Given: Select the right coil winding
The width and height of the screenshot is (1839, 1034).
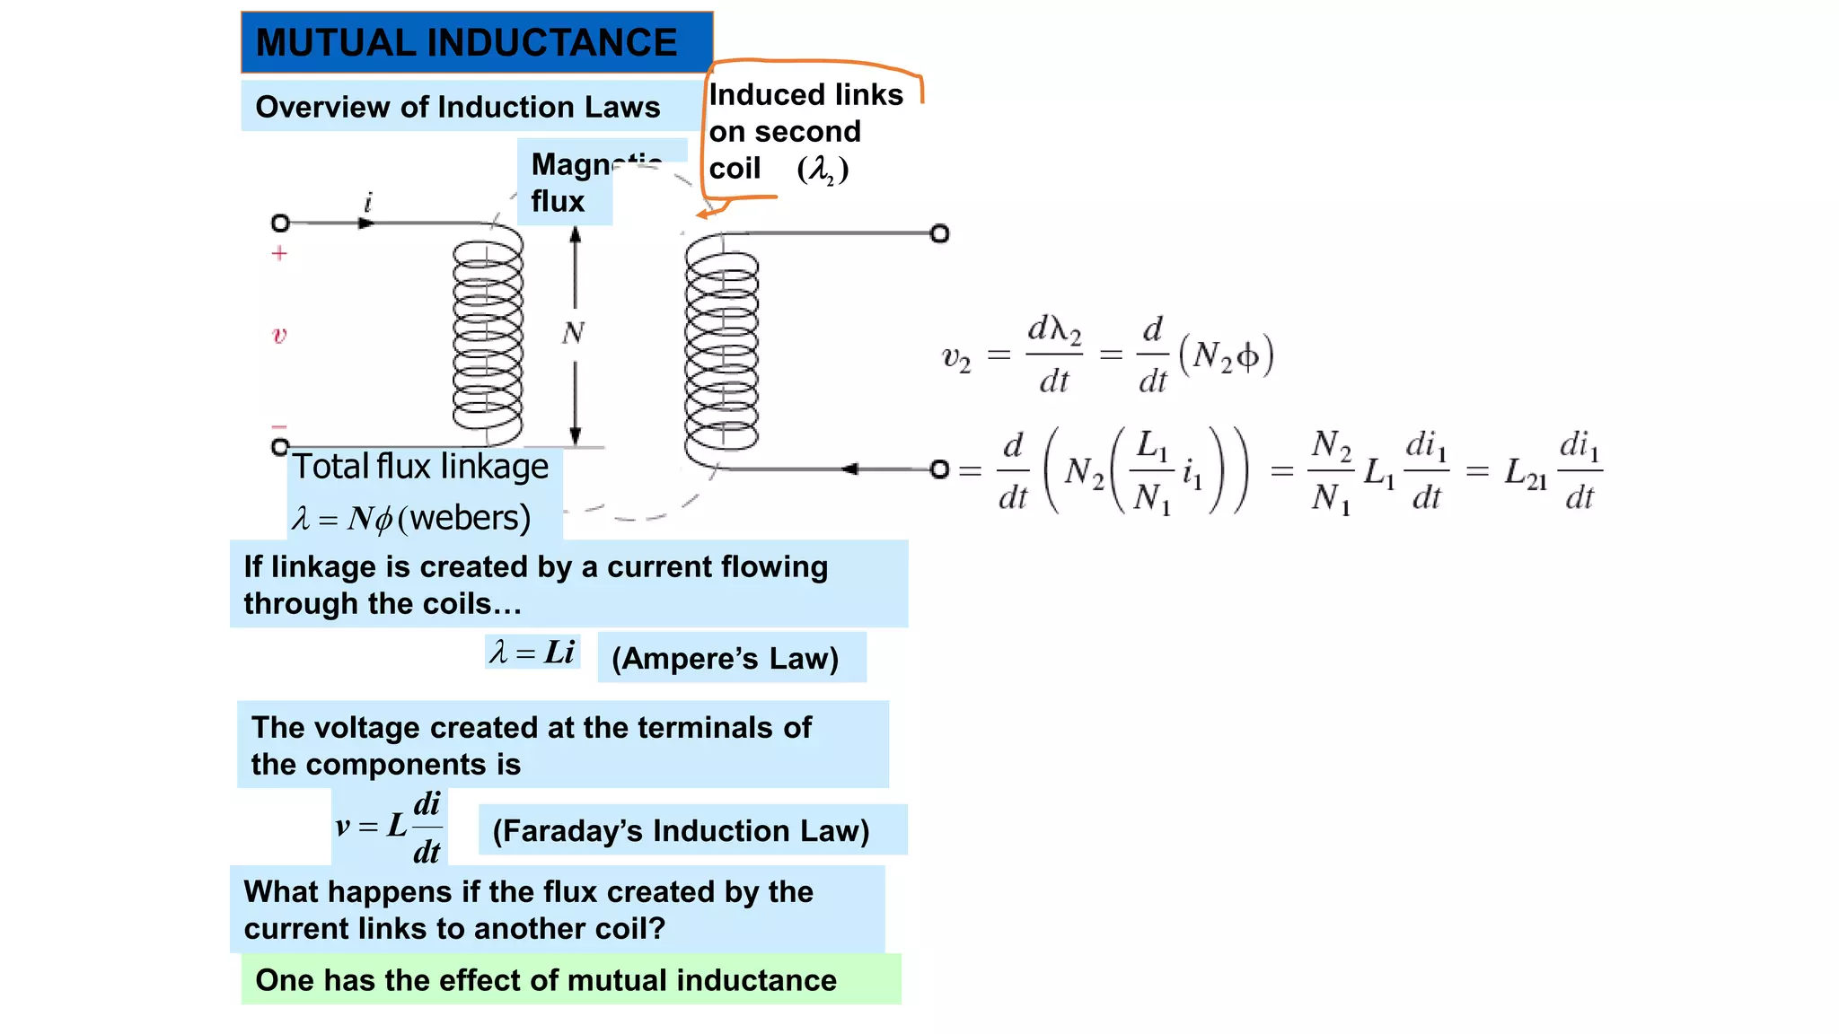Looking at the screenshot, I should [x=721, y=350].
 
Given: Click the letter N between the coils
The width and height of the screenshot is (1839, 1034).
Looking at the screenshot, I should [x=573, y=334].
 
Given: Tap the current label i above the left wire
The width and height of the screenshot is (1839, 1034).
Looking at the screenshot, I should [x=367, y=202].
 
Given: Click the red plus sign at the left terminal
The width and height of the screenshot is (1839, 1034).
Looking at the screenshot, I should [x=279, y=254].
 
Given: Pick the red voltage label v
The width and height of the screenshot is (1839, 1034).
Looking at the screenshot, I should [x=279, y=336].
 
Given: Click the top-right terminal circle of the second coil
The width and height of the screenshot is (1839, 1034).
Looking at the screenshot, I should [x=939, y=234].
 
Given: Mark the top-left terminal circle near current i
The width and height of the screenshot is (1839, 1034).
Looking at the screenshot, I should [x=280, y=223].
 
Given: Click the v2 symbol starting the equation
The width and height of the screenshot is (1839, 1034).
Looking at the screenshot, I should [x=955, y=358].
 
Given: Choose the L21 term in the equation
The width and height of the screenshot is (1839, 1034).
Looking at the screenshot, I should [x=1526, y=472].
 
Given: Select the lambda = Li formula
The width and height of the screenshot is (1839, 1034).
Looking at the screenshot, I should [x=532, y=652].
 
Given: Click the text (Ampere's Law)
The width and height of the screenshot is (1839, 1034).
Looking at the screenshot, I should [x=725, y=658].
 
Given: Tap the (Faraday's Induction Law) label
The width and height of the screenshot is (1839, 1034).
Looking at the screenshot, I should [x=681, y=830].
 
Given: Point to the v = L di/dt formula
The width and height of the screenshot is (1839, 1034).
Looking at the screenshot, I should [x=390, y=826].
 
